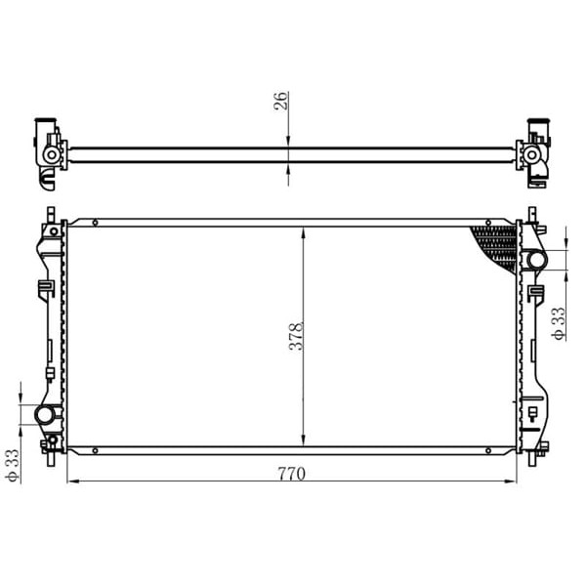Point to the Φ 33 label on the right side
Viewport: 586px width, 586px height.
click(x=558, y=323)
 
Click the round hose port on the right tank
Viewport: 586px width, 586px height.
click(x=535, y=259)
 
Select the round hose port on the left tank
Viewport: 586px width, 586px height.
click(x=45, y=415)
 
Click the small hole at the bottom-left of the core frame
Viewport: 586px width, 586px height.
click(x=95, y=450)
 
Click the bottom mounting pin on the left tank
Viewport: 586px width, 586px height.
click(x=46, y=447)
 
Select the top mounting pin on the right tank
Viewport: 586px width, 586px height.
click(x=533, y=216)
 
